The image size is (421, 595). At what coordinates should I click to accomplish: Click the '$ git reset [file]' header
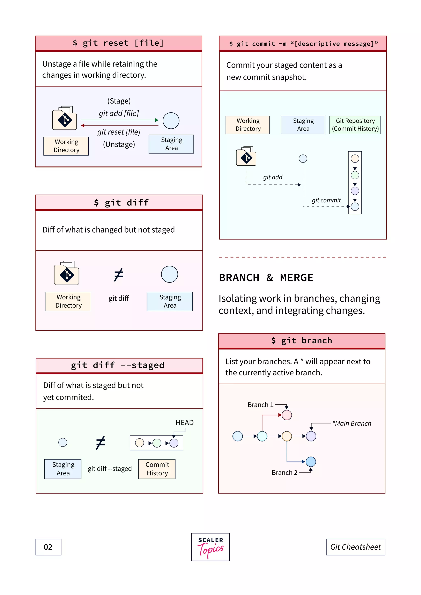tap(118, 43)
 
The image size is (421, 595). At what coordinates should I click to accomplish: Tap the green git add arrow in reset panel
tap(119, 120)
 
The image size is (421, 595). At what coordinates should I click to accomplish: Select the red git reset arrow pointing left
tap(119, 125)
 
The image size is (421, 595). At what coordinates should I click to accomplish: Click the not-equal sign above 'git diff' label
tap(119, 275)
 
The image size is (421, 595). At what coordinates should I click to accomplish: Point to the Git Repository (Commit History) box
tap(355, 125)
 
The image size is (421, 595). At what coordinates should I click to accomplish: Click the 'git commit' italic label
tap(326, 200)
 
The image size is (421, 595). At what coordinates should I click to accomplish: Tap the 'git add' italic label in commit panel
tap(272, 177)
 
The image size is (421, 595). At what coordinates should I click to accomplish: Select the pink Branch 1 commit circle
tap(287, 415)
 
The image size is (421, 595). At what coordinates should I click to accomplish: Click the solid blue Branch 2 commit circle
tap(311, 461)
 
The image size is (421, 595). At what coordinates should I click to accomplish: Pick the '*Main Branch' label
tap(352, 423)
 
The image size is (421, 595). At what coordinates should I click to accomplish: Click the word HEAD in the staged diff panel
tap(185, 423)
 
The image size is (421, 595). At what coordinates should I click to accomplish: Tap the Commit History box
tap(157, 469)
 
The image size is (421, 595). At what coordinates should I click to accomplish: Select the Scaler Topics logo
tap(210, 547)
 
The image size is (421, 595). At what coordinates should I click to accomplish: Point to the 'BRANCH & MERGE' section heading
tap(266, 278)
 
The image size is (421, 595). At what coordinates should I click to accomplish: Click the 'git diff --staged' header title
tap(118, 365)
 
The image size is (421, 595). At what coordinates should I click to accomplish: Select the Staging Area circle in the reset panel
tap(171, 121)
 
